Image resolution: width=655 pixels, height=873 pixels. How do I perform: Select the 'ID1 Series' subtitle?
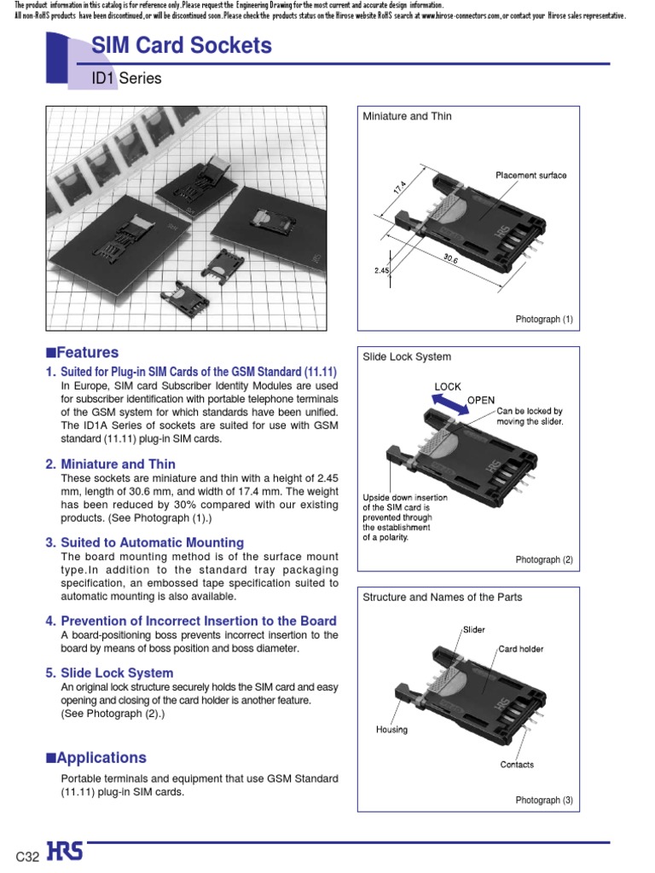tap(126, 78)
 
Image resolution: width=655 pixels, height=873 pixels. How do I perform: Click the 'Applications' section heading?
tap(96, 757)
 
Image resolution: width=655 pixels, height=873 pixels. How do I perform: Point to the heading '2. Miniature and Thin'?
tap(110, 465)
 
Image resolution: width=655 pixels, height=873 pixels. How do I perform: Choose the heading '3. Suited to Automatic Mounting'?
tap(144, 542)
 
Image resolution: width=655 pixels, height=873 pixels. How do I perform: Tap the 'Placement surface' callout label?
tap(530, 176)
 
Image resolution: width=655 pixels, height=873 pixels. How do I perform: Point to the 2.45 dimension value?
tap(381, 270)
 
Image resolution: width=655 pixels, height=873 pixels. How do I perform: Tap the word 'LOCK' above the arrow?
tap(448, 386)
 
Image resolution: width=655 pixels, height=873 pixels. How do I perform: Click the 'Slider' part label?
tap(474, 629)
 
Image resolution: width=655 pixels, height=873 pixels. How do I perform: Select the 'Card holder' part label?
tap(520, 649)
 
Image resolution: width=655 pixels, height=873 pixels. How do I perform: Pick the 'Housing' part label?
tap(391, 729)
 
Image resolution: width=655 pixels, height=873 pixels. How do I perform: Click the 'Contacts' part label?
tap(517, 764)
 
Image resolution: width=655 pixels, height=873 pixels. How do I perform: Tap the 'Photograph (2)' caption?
tap(544, 560)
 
